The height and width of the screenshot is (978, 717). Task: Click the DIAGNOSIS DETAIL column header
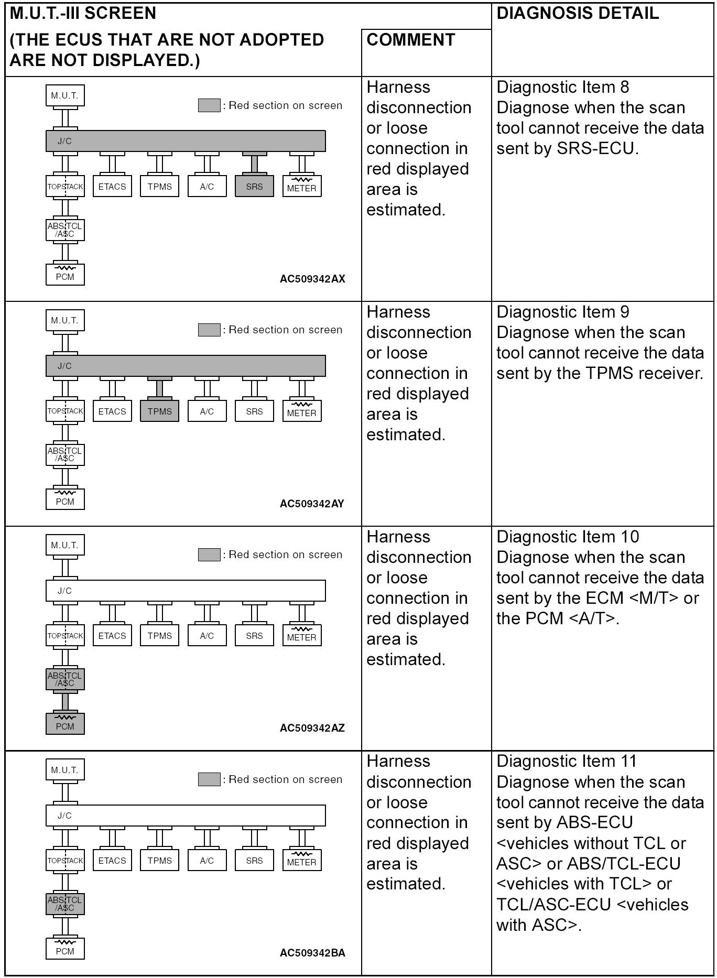coord(578,14)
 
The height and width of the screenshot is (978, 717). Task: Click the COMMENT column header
coord(410,40)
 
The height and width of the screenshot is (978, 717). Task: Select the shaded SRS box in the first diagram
coord(254,187)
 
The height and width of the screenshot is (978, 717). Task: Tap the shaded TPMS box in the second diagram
coord(159,411)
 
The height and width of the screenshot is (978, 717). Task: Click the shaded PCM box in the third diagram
coord(65,724)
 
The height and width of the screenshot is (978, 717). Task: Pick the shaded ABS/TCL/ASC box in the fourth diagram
coord(65,904)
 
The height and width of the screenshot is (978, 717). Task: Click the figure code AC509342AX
coord(312,279)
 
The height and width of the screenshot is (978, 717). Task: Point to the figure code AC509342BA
coord(312,953)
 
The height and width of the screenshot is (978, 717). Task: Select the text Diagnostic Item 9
coord(563,312)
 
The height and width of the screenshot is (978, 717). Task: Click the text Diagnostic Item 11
coord(567,761)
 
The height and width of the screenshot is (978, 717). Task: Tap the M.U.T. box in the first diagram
coord(65,96)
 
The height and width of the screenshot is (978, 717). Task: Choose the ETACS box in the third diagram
coord(112,636)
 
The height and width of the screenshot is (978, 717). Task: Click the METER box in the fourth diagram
coord(301,861)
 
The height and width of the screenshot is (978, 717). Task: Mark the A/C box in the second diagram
coord(207,411)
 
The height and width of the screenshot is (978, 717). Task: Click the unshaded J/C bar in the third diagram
coord(186,591)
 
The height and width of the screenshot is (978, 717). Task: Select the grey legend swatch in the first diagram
coord(209,105)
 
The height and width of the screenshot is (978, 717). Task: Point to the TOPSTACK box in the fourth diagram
coord(65,861)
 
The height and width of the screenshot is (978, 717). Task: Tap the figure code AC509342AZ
coord(312,728)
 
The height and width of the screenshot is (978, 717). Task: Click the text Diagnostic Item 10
coord(568,537)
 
